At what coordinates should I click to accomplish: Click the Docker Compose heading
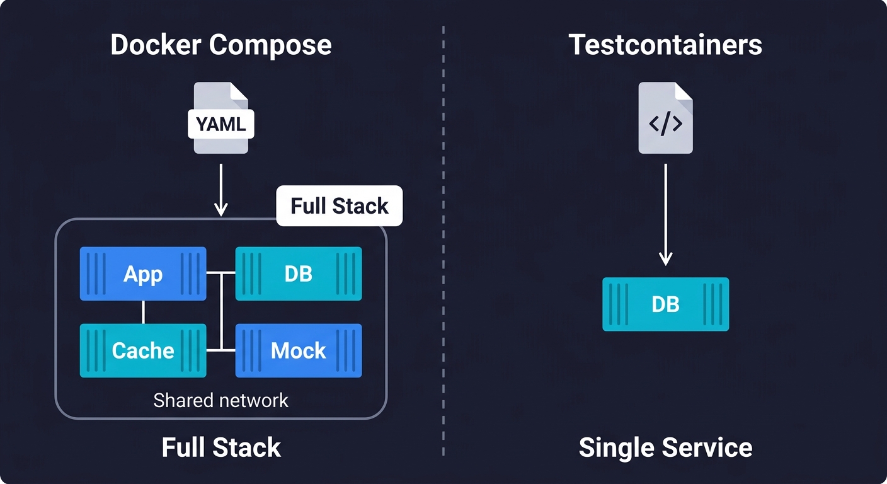pyautogui.click(x=220, y=45)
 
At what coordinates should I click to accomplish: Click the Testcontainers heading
pyautogui.click(x=665, y=45)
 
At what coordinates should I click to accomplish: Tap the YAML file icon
pyautogui.click(x=220, y=118)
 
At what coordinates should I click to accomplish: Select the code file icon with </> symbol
pyautogui.click(x=665, y=118)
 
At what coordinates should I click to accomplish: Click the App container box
pyautogui.click(x=143, y=274)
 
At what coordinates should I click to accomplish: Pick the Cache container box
pyautogui.click(x=143, y=350)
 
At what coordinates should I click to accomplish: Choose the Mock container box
pyautogui.click(x=299, y=350)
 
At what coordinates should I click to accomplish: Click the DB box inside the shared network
pyautogui.click(x=299, y=274)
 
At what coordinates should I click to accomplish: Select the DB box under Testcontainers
pyautogui.click(x=665, y=304)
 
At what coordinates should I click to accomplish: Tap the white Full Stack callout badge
pyautogui.click(x=340, y=206)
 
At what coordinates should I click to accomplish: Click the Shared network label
pyautogui.click(x=220, y=400)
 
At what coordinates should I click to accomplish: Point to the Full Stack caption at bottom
pyautogui.click(x=220, y=447)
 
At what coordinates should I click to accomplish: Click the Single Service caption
pyautogui.click(x=665, y=447)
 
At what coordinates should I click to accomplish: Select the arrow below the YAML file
pyautogui.click(x=220, y=189)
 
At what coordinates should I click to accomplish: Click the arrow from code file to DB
pyautogui.click(x=665, y=214)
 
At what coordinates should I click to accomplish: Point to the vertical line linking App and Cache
pyautogui.click(x=143, y=312)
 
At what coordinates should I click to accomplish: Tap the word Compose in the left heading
pyautogui.click(x=270, y=45)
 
